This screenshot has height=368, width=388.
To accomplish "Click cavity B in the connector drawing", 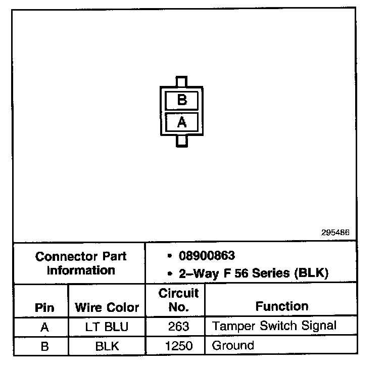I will click(x=182, y=101).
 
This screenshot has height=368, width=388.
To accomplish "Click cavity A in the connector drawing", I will click(x=182, y=122).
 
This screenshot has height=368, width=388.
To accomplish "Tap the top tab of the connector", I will click(x=181, y=82).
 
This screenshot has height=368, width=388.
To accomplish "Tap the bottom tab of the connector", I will click(x=182, y=141).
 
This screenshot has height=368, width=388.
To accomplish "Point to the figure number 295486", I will click(x=335, y=233).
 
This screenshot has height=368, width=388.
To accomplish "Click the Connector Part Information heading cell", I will click(x=81, y=263).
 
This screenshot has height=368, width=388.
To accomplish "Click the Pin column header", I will click(x=44, y=307).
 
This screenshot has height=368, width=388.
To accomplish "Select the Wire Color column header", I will click(x=107, y=307).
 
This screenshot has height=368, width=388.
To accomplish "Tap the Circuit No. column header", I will click(x=178, y=300).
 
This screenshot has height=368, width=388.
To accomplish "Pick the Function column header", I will click(x=281, y=306).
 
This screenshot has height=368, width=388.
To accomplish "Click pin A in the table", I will click(x=44, y=327).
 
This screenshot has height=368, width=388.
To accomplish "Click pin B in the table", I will click(x=44, y=346).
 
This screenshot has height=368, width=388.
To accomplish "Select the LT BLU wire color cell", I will click(x=107, y=327).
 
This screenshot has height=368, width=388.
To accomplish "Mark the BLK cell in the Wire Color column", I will click(x=107, y=346).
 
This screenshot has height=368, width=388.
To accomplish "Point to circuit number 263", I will click(x=178, y=327).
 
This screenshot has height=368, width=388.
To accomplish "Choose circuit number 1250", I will click(x=178, y=346).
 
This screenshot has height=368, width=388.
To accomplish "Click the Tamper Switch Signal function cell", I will click(x=274, y=326).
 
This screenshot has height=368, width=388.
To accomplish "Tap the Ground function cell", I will click(x=233, y=346).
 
